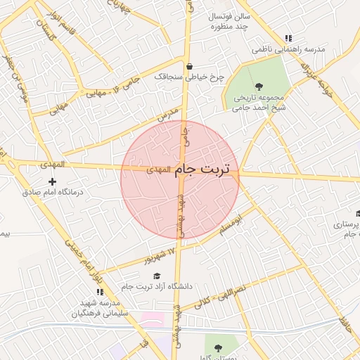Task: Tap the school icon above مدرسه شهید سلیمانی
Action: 99,292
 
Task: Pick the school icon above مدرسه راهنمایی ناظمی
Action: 287,39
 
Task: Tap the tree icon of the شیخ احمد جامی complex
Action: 259,86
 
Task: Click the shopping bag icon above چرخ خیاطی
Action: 188,67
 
